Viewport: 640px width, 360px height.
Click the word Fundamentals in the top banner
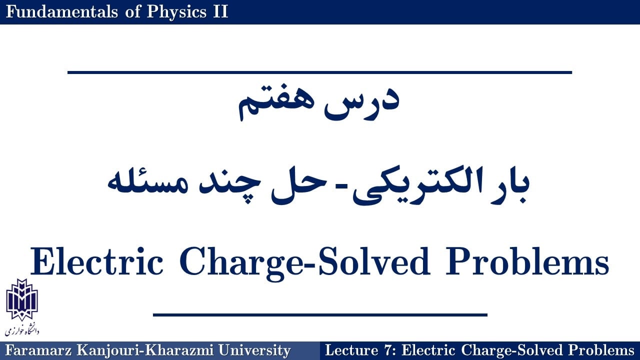pyautogui.click(x=61, y=11)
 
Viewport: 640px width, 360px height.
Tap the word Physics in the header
pyautogui.click(x=176, y=12)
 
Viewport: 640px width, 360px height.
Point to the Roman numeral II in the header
pyautogui.click(x=220, y=11)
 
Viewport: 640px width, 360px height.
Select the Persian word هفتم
pyautogui.click(x=276, y=104)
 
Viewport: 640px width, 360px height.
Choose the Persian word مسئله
pyautogui.click(x=147, y=183)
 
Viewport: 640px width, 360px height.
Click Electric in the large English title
pyautogui.click(x=96, y=261)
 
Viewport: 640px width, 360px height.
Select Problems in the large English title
pyautogui.click(x=527, y=261)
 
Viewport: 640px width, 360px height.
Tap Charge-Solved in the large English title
pyautogui.click(x=304, y=263)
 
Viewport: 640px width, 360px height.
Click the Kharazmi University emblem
pyautogui.click(x=22, y=299)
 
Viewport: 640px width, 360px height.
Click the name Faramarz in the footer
pyautogui.click(x=38, y=350)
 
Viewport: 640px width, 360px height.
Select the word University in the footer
pyautogui.click(x=254, y=351)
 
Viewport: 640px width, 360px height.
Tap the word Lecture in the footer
pyautogui.click(x=351, y=350)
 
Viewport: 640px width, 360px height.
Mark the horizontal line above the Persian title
pyautogui.click(x=319, y=72)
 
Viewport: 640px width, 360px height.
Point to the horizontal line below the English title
pyautogui.click(x=320, y=315)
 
